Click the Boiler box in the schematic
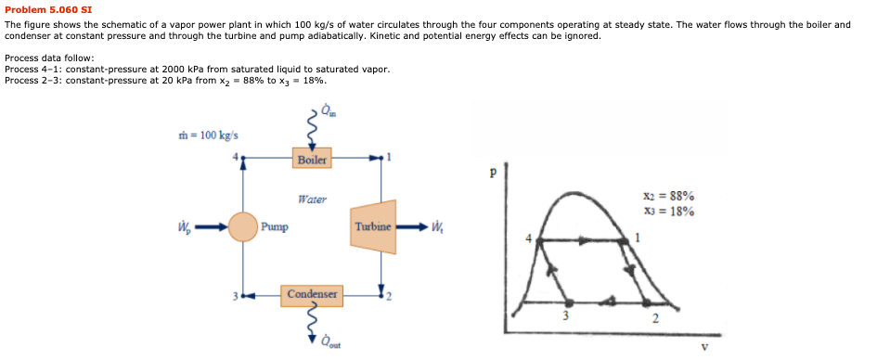(312, 159)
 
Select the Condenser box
(312, 294)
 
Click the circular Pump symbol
(243, 226)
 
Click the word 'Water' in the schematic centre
(312, 199)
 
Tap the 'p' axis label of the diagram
(494, 173)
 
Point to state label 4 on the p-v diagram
(530, 239)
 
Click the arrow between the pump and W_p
(211, 226)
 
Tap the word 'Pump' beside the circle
(275, 226)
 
